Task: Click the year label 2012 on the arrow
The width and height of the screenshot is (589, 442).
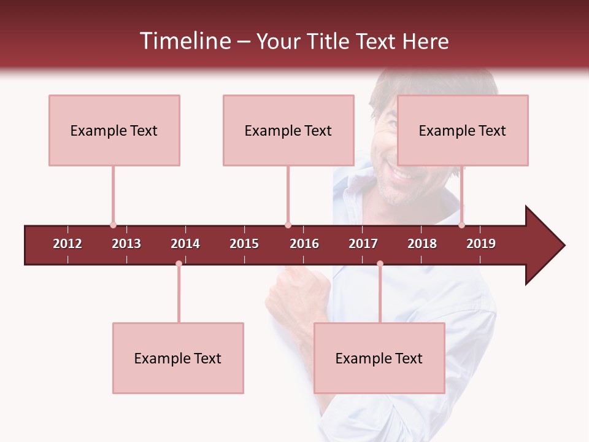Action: [x=67, y=244]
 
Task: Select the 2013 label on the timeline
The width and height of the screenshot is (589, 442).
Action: [x=126, y=244]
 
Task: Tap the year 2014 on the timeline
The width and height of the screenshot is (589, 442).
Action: [x=185, y=244]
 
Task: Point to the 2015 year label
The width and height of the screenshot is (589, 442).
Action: [x=244, y=244]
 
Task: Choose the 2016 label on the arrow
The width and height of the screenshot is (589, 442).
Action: [x=304, y=244]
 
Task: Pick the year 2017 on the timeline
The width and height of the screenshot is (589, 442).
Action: [x=363, y=244]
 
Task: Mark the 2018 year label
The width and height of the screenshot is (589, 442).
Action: [x=422, y=244]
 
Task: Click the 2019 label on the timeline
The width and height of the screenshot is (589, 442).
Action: [x=481, y=244]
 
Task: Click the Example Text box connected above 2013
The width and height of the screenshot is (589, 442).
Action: [x=114, y=130]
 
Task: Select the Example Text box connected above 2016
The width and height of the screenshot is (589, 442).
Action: [x=288, y=130]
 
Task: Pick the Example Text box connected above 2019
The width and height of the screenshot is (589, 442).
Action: [x=463, y=130]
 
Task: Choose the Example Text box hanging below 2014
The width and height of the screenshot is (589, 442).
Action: [x=178, y=358]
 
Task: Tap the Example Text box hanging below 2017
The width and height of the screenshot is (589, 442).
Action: [x=379, y=358]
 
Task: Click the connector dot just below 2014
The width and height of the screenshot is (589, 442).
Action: [x=179, y=264]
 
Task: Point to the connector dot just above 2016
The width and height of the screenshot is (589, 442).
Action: [x=288, y=225]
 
